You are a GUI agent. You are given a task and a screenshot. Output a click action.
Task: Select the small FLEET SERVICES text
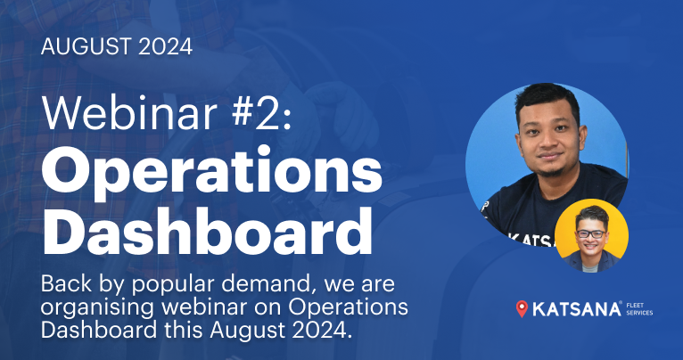click(x=638, y=309)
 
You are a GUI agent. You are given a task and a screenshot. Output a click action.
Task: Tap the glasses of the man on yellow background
click(x=590, y=233)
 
